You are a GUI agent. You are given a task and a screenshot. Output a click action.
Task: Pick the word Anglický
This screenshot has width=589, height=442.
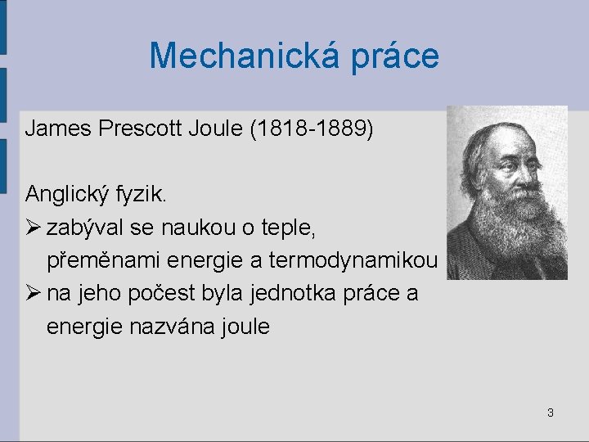[x=70, y=195]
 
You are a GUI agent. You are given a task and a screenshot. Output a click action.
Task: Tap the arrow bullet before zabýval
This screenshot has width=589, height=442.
[x=34, y=228]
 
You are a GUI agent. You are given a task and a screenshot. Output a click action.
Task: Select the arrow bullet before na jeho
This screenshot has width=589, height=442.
[x=34, y=293]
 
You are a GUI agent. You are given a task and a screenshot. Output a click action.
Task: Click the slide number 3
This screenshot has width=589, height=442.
[x=550, y=413]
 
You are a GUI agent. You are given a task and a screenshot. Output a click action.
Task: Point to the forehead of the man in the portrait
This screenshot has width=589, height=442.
[x=501, y=141]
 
